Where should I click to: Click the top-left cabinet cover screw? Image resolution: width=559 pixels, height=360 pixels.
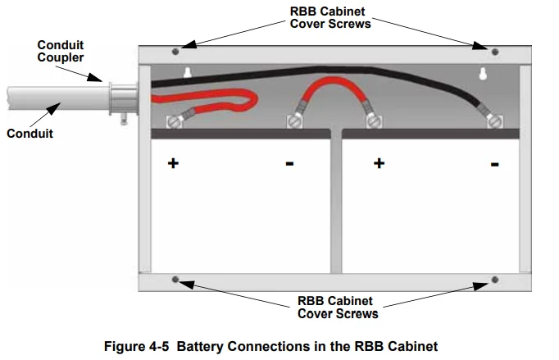(175, 52)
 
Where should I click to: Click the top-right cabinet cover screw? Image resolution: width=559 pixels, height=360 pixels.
(494, 52)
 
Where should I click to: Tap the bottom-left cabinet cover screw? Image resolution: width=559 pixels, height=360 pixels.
(175, 280)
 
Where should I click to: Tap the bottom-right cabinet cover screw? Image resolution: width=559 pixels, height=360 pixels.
(494, 280)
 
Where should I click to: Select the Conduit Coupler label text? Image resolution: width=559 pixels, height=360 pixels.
(60, 52)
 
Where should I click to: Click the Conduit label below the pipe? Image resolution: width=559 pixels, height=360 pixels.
(30, 133)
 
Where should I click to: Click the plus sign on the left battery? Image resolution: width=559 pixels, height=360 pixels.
(173, 163)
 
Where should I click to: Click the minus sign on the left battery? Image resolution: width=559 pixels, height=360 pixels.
(289, 164)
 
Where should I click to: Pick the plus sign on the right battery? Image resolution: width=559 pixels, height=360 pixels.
(379, 163)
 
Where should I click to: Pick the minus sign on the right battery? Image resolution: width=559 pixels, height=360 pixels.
(495, 164)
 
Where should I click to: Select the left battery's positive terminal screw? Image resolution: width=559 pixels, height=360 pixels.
(175, 122)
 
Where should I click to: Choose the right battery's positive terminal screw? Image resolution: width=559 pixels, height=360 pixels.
(374, 122)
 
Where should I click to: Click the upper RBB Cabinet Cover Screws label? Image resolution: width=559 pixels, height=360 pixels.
(330, 17)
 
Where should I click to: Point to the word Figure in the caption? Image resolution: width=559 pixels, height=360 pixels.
(127, 346)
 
